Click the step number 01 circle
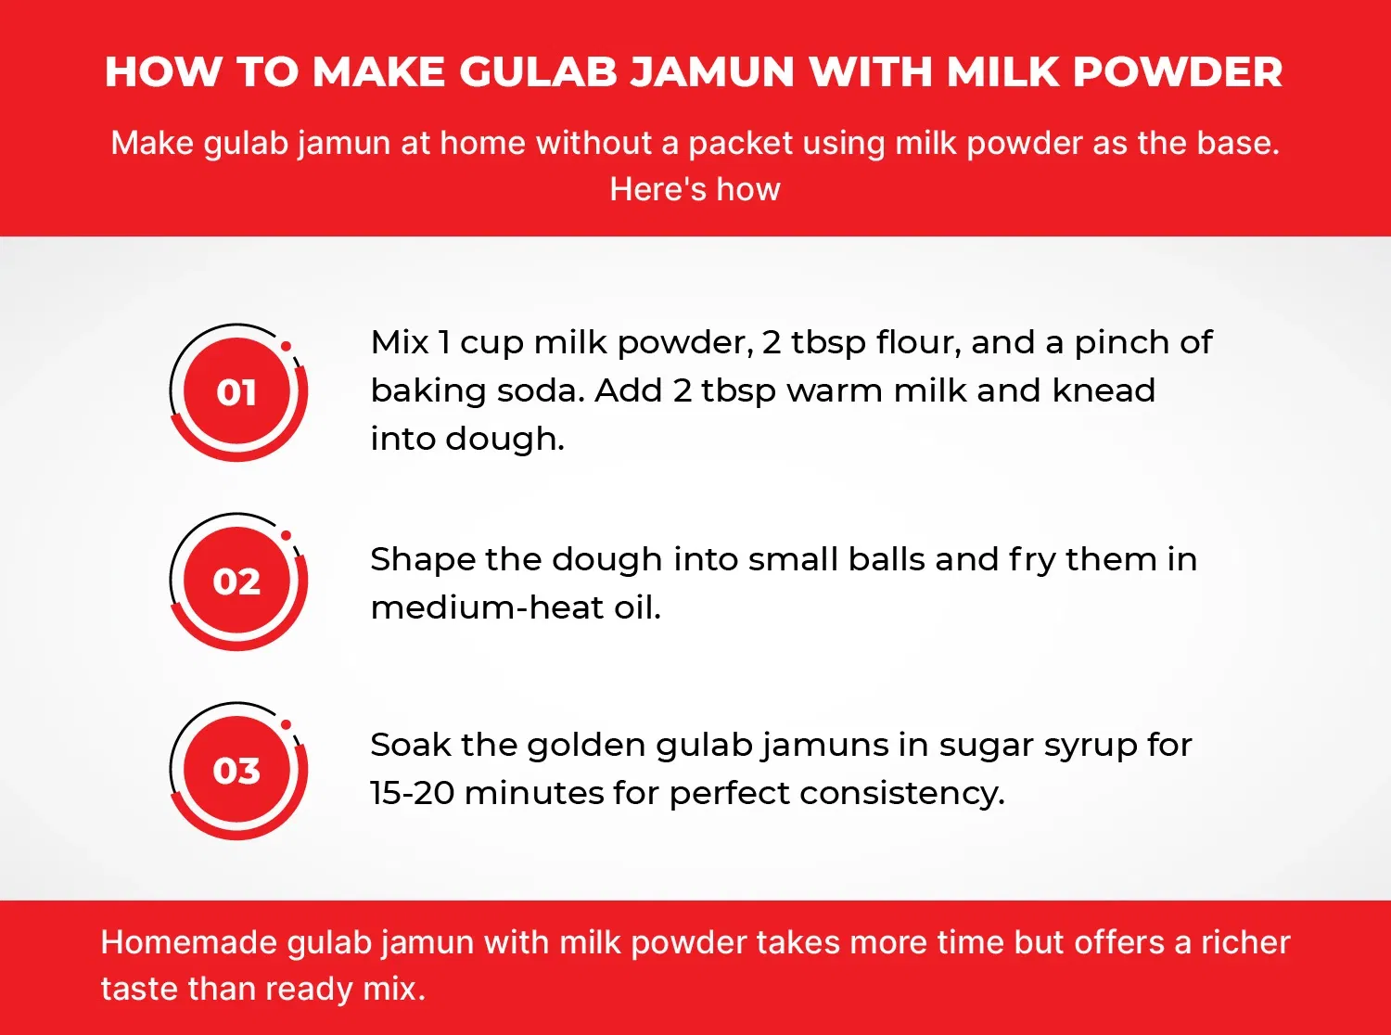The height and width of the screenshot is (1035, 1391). (237, 392)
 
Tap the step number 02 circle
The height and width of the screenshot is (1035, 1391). (237, 581)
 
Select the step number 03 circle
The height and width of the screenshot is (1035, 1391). (237, 771)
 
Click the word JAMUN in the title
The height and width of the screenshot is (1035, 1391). (712, 72)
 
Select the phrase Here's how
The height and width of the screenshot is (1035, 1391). (695, 190)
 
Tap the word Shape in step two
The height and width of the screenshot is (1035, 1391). (422, 560)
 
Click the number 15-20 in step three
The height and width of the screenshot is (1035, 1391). (412, 794)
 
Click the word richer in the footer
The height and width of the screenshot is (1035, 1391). (1245, 943)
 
